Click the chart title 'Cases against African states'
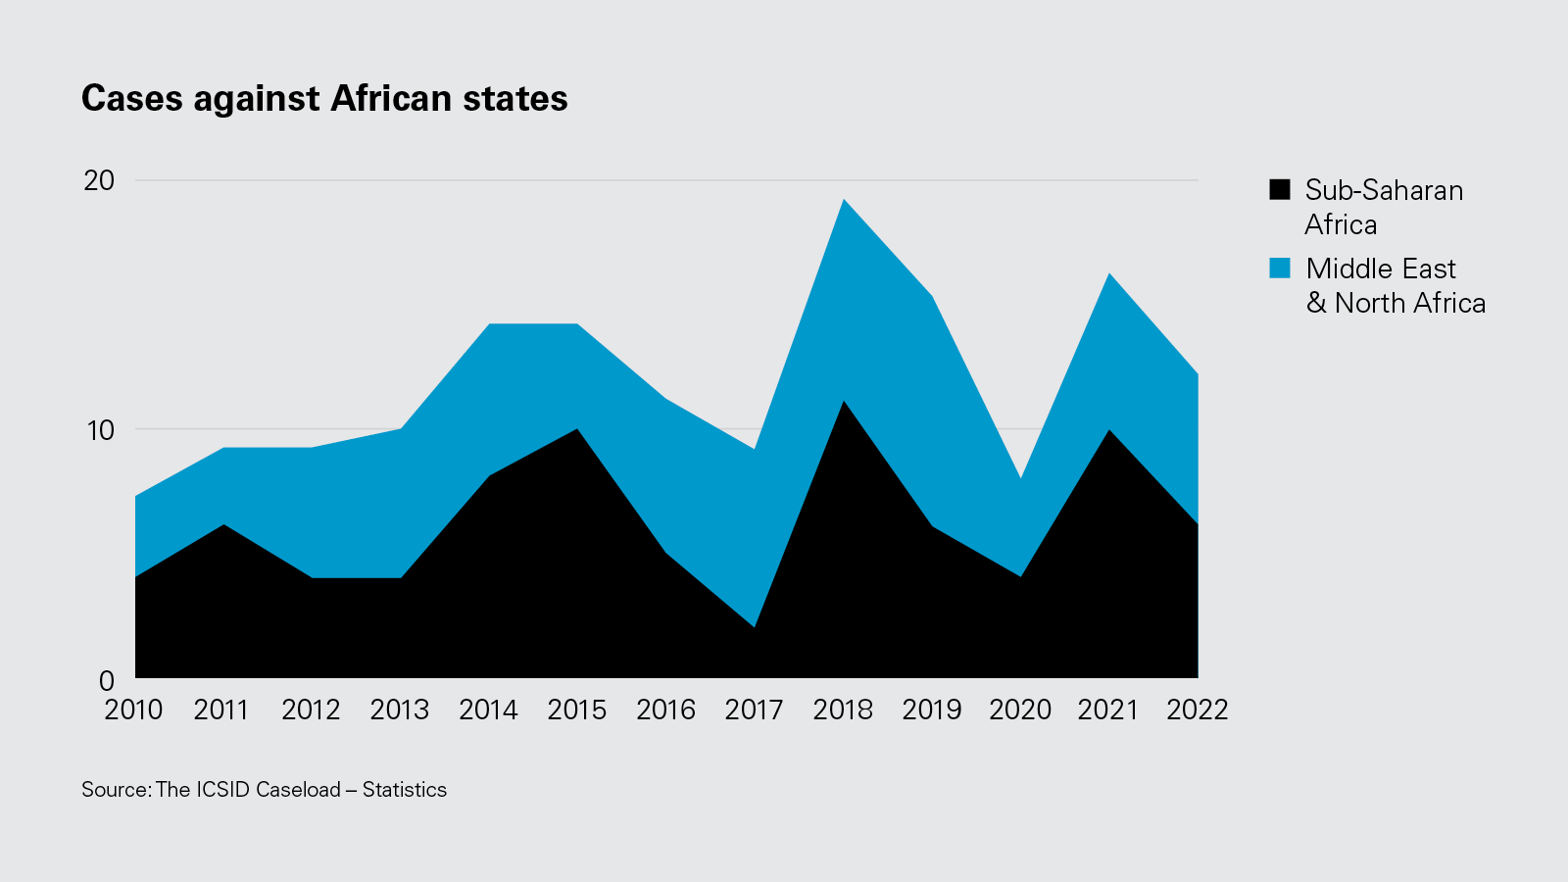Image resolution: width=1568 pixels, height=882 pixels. pos(324,99)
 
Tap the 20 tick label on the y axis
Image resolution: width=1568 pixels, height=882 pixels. pos(99,180)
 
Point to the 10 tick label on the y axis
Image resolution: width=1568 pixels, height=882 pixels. pos(99,430)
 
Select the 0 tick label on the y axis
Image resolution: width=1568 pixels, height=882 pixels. pos(107,680)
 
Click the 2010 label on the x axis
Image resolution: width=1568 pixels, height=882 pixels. pos(133,710)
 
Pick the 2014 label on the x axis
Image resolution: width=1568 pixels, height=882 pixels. pos(488,710)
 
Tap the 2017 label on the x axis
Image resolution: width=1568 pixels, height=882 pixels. pos(754,710)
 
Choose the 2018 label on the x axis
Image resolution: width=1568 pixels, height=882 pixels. pos(843,710)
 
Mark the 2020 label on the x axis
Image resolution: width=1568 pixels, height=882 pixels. pos(1020,710)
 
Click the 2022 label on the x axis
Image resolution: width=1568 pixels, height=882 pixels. pos(1197,710)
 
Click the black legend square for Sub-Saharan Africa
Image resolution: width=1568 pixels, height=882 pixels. pos(1280,189)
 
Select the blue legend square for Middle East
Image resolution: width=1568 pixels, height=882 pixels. pos(1280,268)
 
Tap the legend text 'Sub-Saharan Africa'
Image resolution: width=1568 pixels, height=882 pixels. pos(1383,207)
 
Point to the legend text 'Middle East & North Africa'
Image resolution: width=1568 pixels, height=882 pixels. pos(1395,285)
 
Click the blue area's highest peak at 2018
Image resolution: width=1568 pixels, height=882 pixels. pos(843,201)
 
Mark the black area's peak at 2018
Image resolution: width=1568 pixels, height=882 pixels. pos(843,403)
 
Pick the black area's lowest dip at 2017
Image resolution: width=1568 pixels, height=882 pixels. pos(755,625)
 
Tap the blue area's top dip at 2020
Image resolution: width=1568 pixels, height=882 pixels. pos(1020,479)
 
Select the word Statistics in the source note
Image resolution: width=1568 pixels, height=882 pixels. pos(404,790)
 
